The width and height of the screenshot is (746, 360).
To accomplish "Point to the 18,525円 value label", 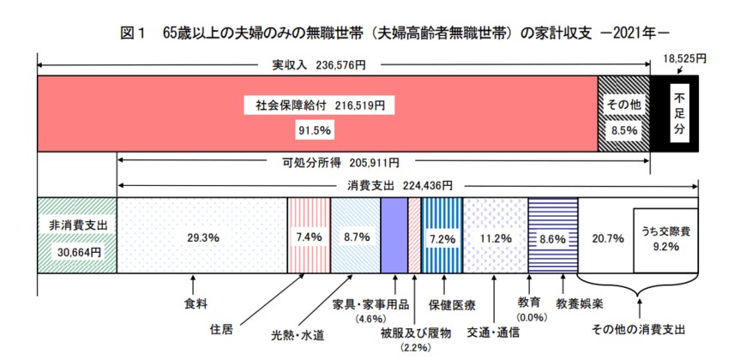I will click(683, 58).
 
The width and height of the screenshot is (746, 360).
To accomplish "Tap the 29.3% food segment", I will click(200, 236).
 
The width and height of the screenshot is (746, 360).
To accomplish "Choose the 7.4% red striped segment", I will click(306, 236).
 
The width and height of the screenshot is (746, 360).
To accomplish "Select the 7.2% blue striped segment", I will click(441, 236).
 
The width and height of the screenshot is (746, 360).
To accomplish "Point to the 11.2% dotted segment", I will click(495, 236).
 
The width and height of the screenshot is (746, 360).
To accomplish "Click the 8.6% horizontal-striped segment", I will click(552, 236).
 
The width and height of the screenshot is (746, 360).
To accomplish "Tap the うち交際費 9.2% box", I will click(666, 237).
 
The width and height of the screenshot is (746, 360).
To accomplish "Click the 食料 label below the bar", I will click(195, 303).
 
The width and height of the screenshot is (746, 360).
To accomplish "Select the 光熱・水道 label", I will click(298, 334).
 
